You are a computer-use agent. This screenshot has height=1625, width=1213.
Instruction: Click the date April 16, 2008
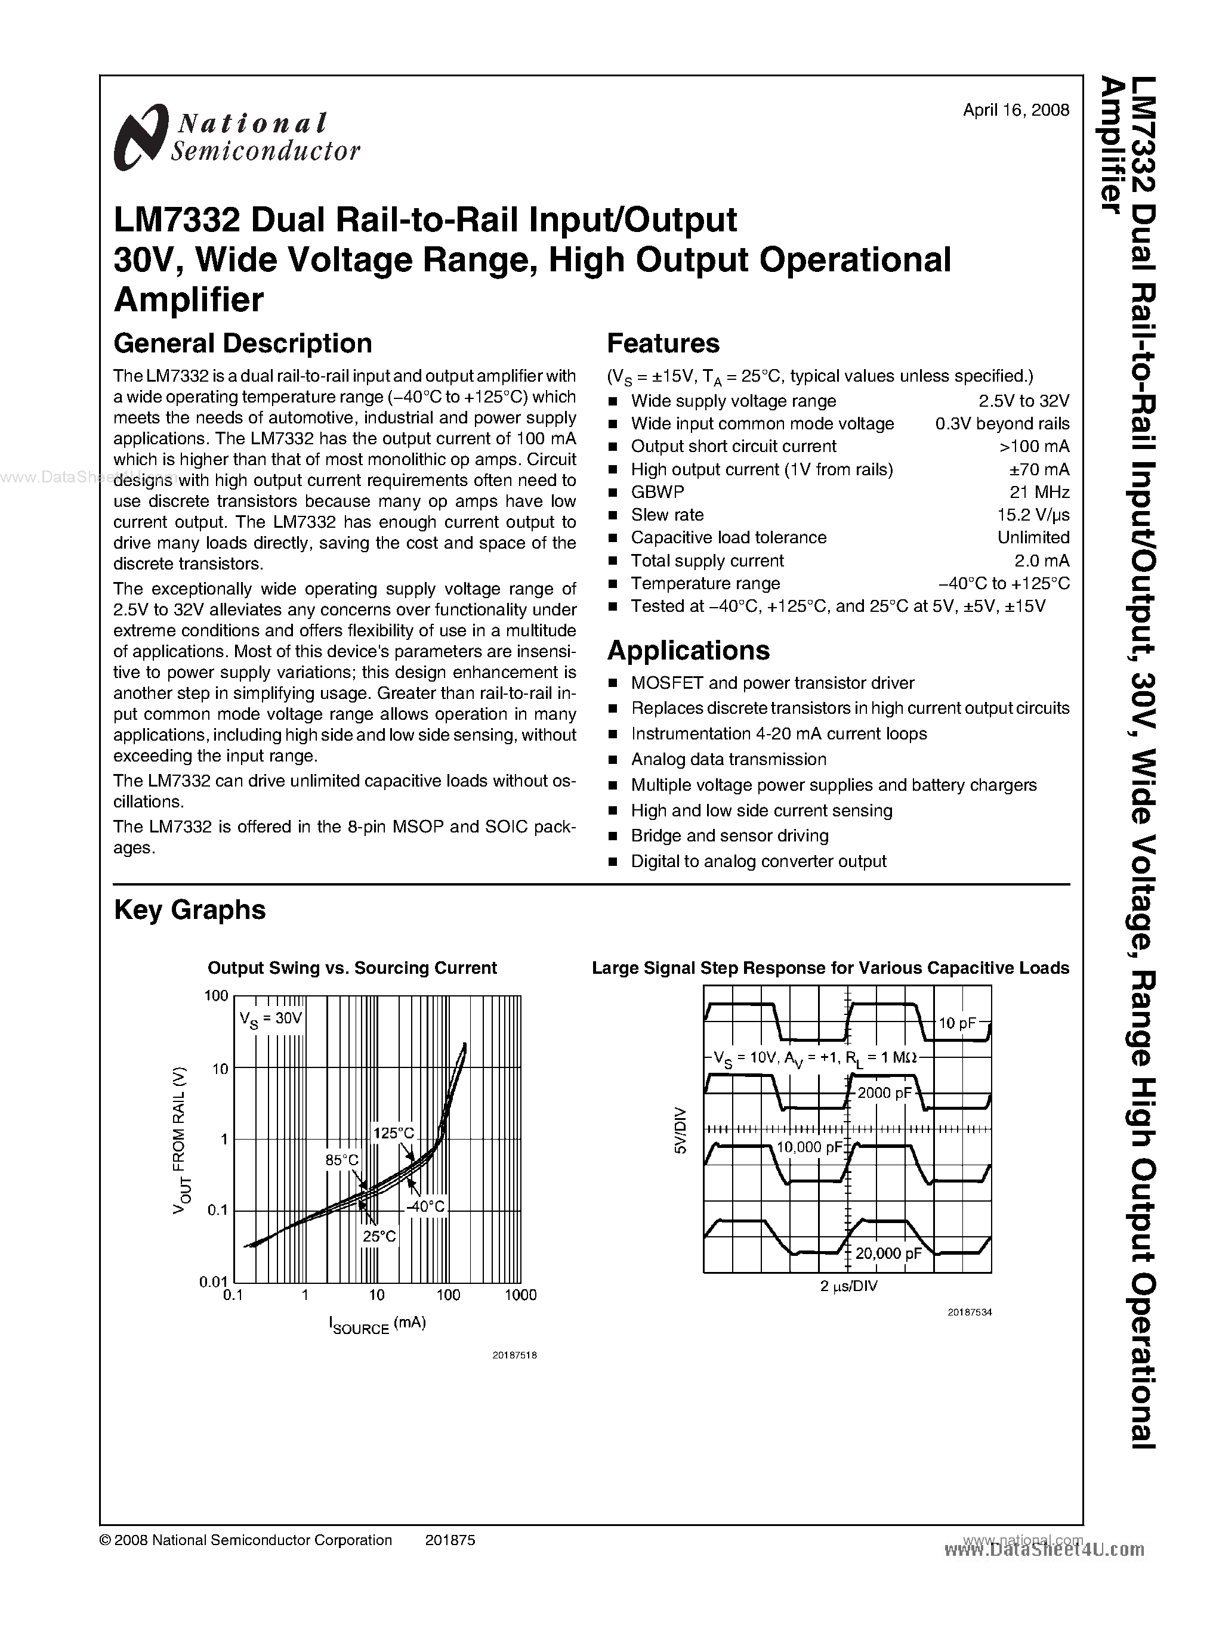coord(1016,110)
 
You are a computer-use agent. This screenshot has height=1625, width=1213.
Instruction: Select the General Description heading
coord(242,343)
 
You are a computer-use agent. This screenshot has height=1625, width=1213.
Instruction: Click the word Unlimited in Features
coord(1032,537)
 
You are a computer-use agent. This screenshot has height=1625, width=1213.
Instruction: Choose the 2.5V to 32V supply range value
coord(1023,401)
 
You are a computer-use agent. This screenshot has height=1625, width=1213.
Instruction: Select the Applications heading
coord(688,650)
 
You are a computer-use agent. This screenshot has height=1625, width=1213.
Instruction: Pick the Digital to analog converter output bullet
coord(758,861)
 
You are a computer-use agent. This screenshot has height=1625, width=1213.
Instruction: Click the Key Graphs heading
coord(190,909)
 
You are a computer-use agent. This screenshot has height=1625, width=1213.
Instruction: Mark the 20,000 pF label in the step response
coord(888,1253)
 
